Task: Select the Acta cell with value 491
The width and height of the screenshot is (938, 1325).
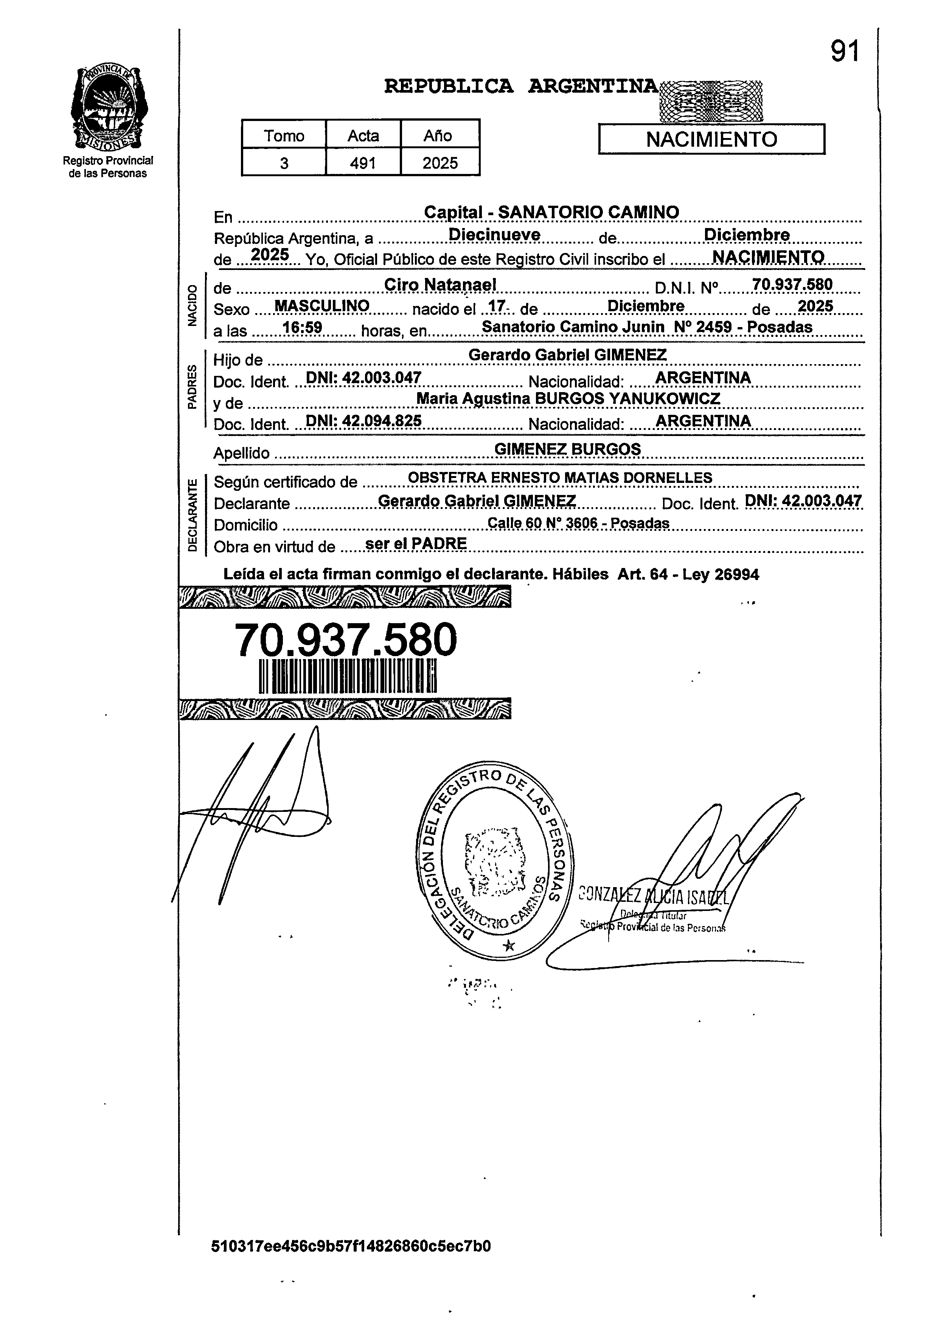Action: coord(363,163)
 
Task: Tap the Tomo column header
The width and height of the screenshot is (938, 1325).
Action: coord(284,136)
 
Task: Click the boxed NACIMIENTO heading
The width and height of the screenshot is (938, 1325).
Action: coord(711,140)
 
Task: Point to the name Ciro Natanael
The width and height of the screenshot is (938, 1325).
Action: coord(440,285)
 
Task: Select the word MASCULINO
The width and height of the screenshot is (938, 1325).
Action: coord(322,306)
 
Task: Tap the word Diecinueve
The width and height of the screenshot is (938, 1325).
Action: coord(494,235)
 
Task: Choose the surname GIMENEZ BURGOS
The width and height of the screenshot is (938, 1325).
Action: coord(568,449)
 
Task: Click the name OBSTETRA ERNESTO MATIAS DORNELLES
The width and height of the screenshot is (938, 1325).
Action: coord(560,478)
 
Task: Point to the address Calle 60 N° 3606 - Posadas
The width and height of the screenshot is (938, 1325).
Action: coord(578,523)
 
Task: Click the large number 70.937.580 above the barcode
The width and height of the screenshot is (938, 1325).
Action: coord(345,640)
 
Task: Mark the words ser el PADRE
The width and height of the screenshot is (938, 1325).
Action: coord(416,544)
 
